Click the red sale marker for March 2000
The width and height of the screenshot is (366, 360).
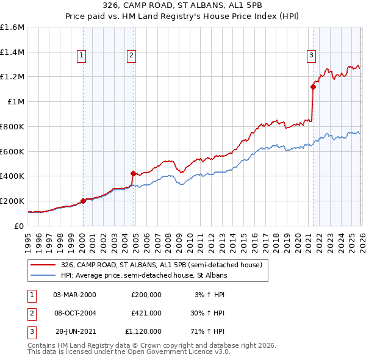coord(83,201)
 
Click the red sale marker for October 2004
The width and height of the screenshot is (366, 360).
coord(133,173)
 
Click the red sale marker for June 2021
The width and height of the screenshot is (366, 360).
coord(313,87)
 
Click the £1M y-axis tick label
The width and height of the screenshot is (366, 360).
coord(16,102)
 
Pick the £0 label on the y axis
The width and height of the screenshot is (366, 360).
coord(20,226)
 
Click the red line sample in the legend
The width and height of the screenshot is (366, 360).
coord(43,265)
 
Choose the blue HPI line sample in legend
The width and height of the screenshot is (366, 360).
coord(43,276)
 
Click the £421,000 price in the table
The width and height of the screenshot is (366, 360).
coord(146,313)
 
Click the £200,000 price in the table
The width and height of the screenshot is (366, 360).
coord(146,295)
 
